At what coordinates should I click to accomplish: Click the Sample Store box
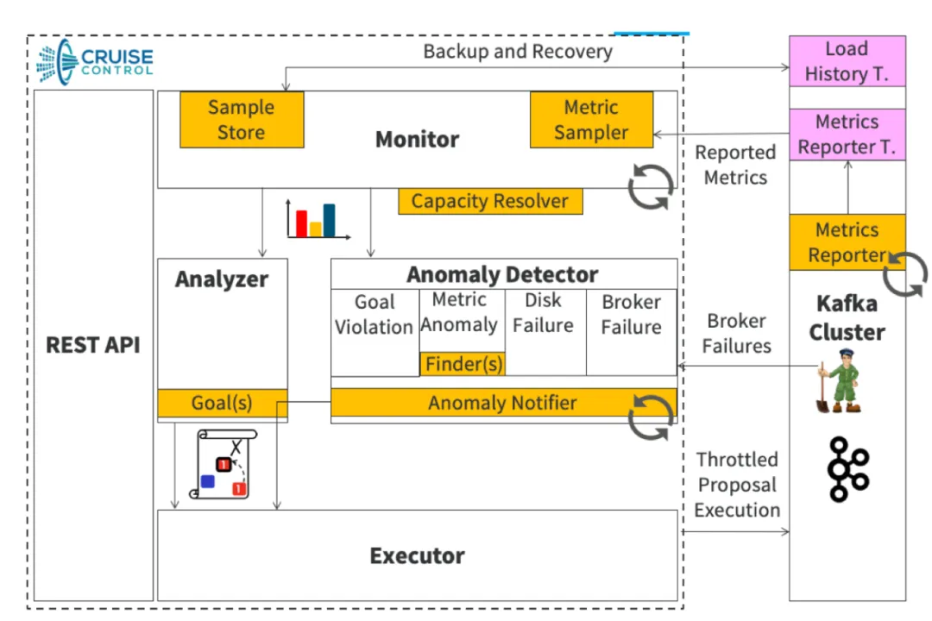(242, 119)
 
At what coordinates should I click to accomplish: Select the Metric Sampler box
(591, 119)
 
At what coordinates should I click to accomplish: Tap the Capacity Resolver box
(490, 202)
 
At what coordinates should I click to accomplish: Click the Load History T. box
(847, 61)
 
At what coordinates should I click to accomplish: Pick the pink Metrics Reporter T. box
(847, 135)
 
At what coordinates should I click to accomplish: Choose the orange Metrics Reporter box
(847, 242)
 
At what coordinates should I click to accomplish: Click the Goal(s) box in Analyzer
(223, 403)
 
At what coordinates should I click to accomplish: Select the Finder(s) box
(463, 364)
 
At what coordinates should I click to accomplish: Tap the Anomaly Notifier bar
(503, 403)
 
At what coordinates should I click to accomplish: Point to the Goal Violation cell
(375, 332)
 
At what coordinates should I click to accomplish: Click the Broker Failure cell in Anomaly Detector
(631, 332)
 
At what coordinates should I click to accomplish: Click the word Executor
(418, 555)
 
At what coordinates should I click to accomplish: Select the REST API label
(93, 345)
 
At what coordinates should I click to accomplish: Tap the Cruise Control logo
(95, 62)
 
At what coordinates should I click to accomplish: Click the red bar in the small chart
(301, 223)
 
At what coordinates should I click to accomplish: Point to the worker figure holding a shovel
(839, 381)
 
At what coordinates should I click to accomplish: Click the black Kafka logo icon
(848, 469)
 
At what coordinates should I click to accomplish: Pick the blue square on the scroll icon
(207, 481)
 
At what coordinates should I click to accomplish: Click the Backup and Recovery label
(518, 52)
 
